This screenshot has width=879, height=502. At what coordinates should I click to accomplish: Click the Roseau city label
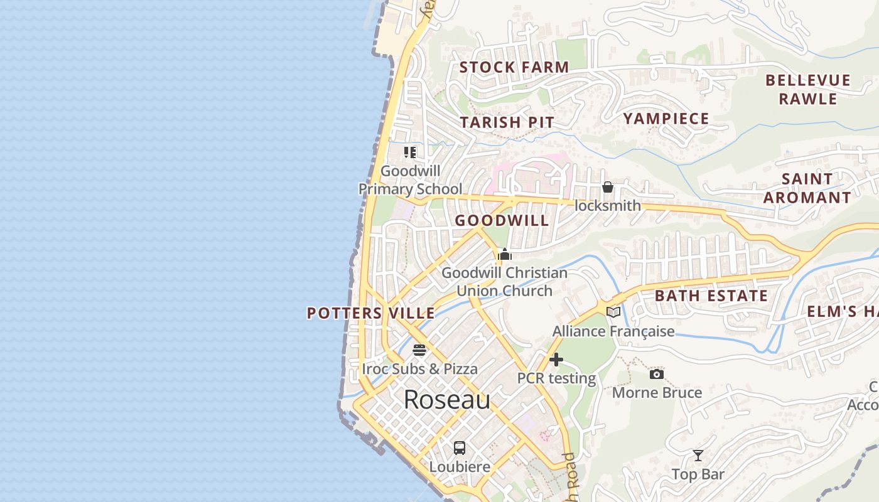[446, 400]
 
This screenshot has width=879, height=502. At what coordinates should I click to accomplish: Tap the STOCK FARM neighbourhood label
[514, 67]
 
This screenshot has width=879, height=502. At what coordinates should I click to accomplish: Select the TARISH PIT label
[507, 122]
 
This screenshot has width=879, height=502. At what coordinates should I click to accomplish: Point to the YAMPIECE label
[666, 119]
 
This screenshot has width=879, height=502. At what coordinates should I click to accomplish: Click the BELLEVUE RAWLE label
[808, 90]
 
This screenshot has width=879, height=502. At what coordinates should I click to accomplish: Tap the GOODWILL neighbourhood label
[502, 220]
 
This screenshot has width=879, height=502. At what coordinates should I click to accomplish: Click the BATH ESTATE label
[711, 296]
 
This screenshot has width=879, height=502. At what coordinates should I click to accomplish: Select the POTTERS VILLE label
[370, 313]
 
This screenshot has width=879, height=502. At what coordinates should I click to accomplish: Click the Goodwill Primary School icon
[410, 152]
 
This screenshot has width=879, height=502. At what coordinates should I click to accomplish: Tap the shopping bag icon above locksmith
[607, 187]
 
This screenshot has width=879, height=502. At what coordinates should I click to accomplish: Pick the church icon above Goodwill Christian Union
[504, 254]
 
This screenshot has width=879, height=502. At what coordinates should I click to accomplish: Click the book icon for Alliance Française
[613, 312]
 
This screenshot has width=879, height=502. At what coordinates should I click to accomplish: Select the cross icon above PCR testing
[556, 360]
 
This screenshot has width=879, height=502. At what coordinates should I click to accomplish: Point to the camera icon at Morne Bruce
[656, 374]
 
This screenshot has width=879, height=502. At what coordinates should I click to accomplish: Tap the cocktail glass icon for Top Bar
[698, 456]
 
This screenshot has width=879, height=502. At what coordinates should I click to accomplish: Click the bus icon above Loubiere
[460, 447]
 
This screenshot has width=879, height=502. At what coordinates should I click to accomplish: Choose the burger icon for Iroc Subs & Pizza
[419, 350]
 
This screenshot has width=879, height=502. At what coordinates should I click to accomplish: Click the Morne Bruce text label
[657, 393]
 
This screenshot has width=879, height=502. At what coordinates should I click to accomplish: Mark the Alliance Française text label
[613, 331]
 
